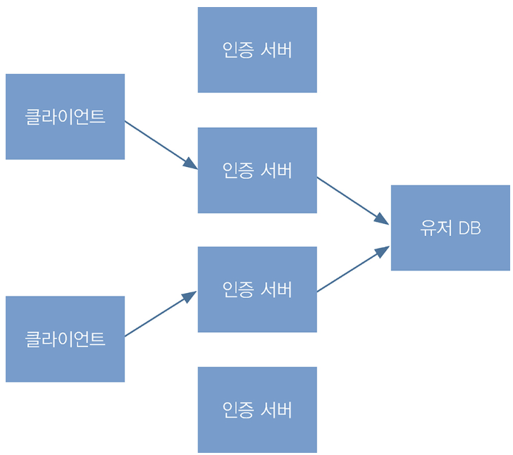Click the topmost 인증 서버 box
[257, 50]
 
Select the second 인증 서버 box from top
[257, 170]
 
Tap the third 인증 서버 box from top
[257, 289]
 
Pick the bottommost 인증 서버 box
[257, 409]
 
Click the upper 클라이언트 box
[65, 117]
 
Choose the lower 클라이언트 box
[65, 339]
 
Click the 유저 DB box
[450, 228]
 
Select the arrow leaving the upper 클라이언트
[159, 143]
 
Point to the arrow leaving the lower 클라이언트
[159, 315]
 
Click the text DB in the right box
[469, 228]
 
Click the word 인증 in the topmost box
[237, 50]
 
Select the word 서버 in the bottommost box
[276, 409]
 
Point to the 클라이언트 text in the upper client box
[65, 117]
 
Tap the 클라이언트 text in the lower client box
[65, 339]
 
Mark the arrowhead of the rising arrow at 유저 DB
[383, 251]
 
